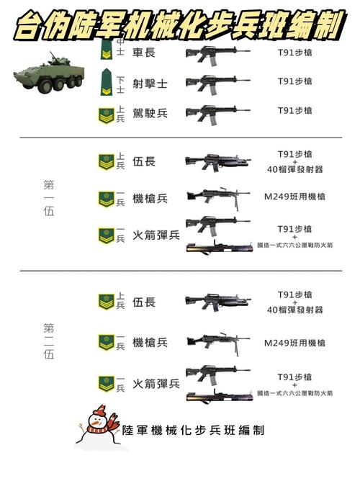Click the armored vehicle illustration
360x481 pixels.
[x=49, y=73]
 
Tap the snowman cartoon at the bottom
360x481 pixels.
[x=99, y=426]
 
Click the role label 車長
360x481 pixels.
[x=144, y=53]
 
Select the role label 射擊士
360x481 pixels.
[x=150, y=84]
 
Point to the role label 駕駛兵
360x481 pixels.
[x=150, y=113]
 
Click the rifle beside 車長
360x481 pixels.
[x=217, y=55]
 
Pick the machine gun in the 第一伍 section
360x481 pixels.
[x=218, y=198]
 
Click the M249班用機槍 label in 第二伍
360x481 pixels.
[x=294, y=343]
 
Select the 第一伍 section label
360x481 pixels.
[x=49, y=198]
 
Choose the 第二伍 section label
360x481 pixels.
[x=49, y=341]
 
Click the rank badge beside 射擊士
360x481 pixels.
[x=107, y=82]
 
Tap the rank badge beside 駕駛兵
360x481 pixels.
[x=106, y=116]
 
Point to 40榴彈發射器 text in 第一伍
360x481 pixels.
[x=294, y=169]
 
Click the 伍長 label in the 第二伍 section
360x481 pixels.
[x=144, y=302]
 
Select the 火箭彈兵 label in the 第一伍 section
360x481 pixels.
[x=156, y=235]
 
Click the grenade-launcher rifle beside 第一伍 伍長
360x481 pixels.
[x=218, y=162]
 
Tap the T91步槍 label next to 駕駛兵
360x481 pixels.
[x=294, y=110]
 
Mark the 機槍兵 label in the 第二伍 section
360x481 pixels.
[x=150, y=342]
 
